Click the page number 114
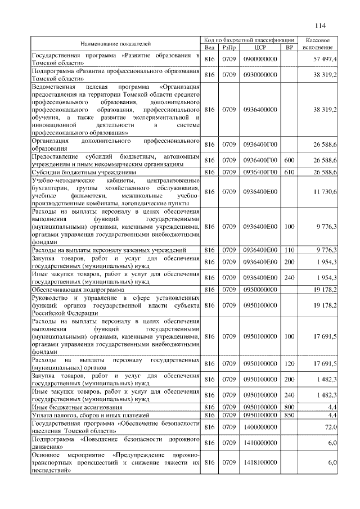pos(321,25)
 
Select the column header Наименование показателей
pos(116,43)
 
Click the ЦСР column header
pos(260,47)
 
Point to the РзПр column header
pos(229,47)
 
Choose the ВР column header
pos(290,47)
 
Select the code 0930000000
pos(260,74)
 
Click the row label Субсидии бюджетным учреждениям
pos(84,172)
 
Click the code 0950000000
pos(260,289)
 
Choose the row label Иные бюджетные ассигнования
pos(76,406)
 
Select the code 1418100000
pos(260,462)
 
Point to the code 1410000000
pos(260,443)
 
